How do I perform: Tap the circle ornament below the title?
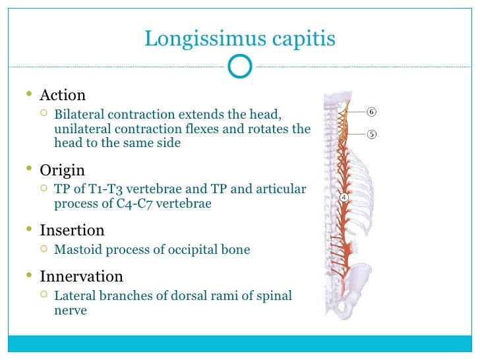click(x=239, y=66)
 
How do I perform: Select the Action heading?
click(x=63, y=96)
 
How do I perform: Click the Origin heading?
click(x=62, y=170)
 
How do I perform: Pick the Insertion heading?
click(x=72, y=231)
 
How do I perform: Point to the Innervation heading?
click(x=81, y=276)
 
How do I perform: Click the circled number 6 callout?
click(x=372, y=111)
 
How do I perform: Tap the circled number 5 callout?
click(x=372, y=135)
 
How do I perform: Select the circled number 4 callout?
click(x=344, y=197)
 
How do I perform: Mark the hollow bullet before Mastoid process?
click(x=44, y=250)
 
